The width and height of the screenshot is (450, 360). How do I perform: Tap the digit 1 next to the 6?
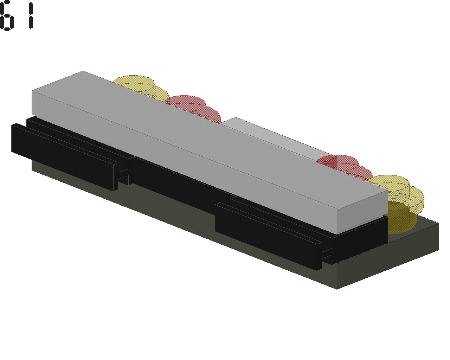click(31, 15)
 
